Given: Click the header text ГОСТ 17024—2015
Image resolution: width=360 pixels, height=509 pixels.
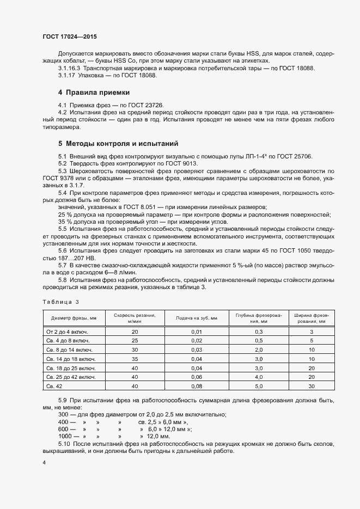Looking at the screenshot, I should pos(70,36).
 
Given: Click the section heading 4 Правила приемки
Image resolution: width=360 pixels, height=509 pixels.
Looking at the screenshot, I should pos(94,93).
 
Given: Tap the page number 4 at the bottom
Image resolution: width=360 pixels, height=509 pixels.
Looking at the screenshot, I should pos(44,462).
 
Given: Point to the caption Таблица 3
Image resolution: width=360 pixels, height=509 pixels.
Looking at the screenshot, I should pos(61,302).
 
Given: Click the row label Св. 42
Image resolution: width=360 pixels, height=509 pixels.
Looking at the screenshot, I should pos(55,386).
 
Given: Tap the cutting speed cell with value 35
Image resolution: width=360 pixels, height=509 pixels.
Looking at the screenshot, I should pos(135,359).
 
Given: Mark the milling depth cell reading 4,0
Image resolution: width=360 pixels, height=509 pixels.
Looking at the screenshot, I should pos(259,377).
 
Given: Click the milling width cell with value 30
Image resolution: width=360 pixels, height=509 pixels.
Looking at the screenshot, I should pos(312,386).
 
